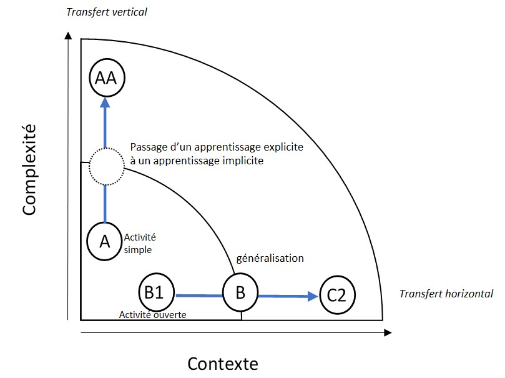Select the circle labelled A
105,241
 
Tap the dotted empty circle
105,167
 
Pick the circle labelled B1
154,292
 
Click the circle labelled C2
337,294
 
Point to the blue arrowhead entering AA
105,102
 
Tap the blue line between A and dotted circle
105,204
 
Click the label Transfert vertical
106,12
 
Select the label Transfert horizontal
446,294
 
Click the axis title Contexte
223,363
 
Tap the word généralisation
269,258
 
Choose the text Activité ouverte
153,314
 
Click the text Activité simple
140,243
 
